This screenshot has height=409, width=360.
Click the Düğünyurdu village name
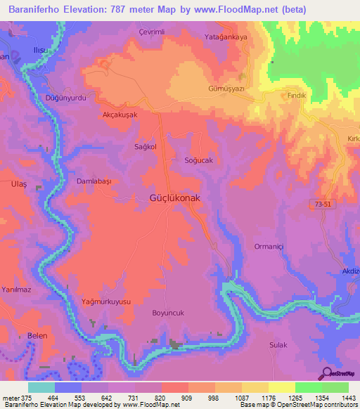(x=65, y=98)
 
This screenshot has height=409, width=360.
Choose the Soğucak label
(x=198, y=160)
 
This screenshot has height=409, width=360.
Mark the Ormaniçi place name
(x=270, y=246)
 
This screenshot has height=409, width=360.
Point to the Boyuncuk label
(x=169, y=313)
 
